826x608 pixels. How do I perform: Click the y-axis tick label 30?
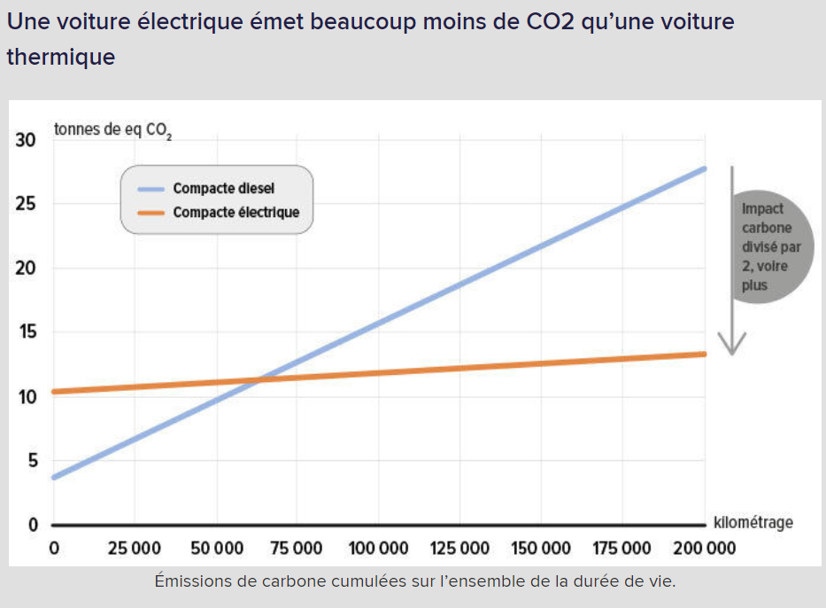(25, 140)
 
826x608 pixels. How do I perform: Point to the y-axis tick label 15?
(25, 332)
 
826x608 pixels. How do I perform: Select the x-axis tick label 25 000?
(135, 548)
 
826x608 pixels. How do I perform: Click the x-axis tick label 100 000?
(378, 548)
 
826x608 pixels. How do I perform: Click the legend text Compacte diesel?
(223, 189)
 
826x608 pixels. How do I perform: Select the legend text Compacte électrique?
(235, 213)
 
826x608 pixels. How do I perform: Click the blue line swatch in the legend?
(152, 189)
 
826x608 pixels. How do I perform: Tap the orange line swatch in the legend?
(152, 213)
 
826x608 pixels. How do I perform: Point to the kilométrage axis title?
(753, 522)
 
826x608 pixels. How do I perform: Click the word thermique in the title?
(61, 58)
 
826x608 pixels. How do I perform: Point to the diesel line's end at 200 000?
(705, 168)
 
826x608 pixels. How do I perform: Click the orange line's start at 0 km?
(55, 391)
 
